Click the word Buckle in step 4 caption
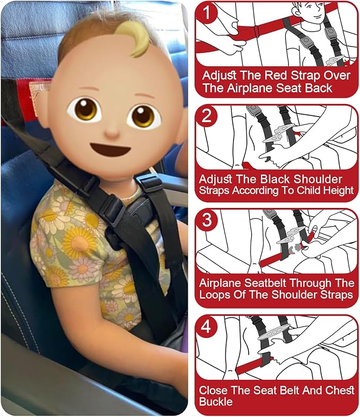(216, 402)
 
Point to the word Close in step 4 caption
(215, 390)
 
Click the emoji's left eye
(85, 109)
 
